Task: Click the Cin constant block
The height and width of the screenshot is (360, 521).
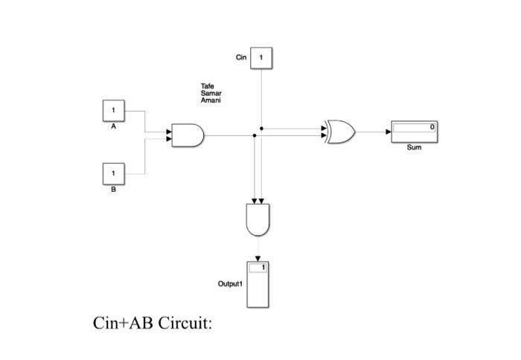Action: point(261,57)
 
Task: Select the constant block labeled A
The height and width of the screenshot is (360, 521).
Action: point(114,110)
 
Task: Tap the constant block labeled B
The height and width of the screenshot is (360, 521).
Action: point(114,173)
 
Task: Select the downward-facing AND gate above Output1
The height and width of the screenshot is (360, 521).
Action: point(258,219)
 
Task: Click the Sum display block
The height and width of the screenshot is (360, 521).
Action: point(414,132)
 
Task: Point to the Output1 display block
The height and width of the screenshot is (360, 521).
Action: point(258,284)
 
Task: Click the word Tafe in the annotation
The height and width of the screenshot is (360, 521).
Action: point(207,87)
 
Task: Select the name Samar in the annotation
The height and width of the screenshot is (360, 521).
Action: point(211,94)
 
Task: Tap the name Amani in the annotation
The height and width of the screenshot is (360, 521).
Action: point(211,100)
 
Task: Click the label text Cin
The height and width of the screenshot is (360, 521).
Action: point(240,57)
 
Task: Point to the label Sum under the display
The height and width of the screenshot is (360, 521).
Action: point(414,148)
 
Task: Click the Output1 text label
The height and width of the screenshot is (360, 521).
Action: point(230,284)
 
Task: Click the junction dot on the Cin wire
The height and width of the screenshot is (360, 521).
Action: point(261,128)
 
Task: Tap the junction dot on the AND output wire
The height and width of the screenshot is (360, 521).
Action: point(255,136)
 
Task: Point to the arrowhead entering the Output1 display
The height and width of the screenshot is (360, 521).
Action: point(258,257)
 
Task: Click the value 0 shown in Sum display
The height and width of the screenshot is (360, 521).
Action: point(432,128)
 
